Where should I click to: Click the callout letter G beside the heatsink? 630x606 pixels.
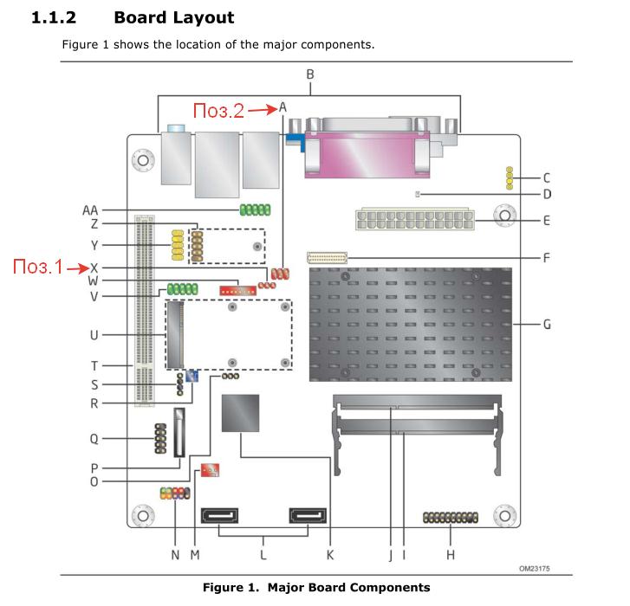pyautogui.click(x=547, y=326)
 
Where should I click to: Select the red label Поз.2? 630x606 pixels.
pyautogui.click(x=218, y=109)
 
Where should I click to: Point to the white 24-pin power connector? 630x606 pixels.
pyautogui.click(x=413, y=220)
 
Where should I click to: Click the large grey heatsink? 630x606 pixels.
pyautogui.click(x=409, y=325)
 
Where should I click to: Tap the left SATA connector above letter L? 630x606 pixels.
pyautogui.click(x=224, y=517)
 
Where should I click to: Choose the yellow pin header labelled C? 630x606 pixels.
pyautogui.click(x=510, y=177)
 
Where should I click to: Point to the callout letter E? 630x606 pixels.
pyautogui.click(x=547, y=220)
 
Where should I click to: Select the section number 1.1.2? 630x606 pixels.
pyautogui.click(x=55, y=16)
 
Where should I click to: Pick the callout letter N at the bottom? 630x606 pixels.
pyautogui.click(x=175, y=554)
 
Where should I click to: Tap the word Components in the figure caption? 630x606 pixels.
pyautogui.click(x=388, y=588)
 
